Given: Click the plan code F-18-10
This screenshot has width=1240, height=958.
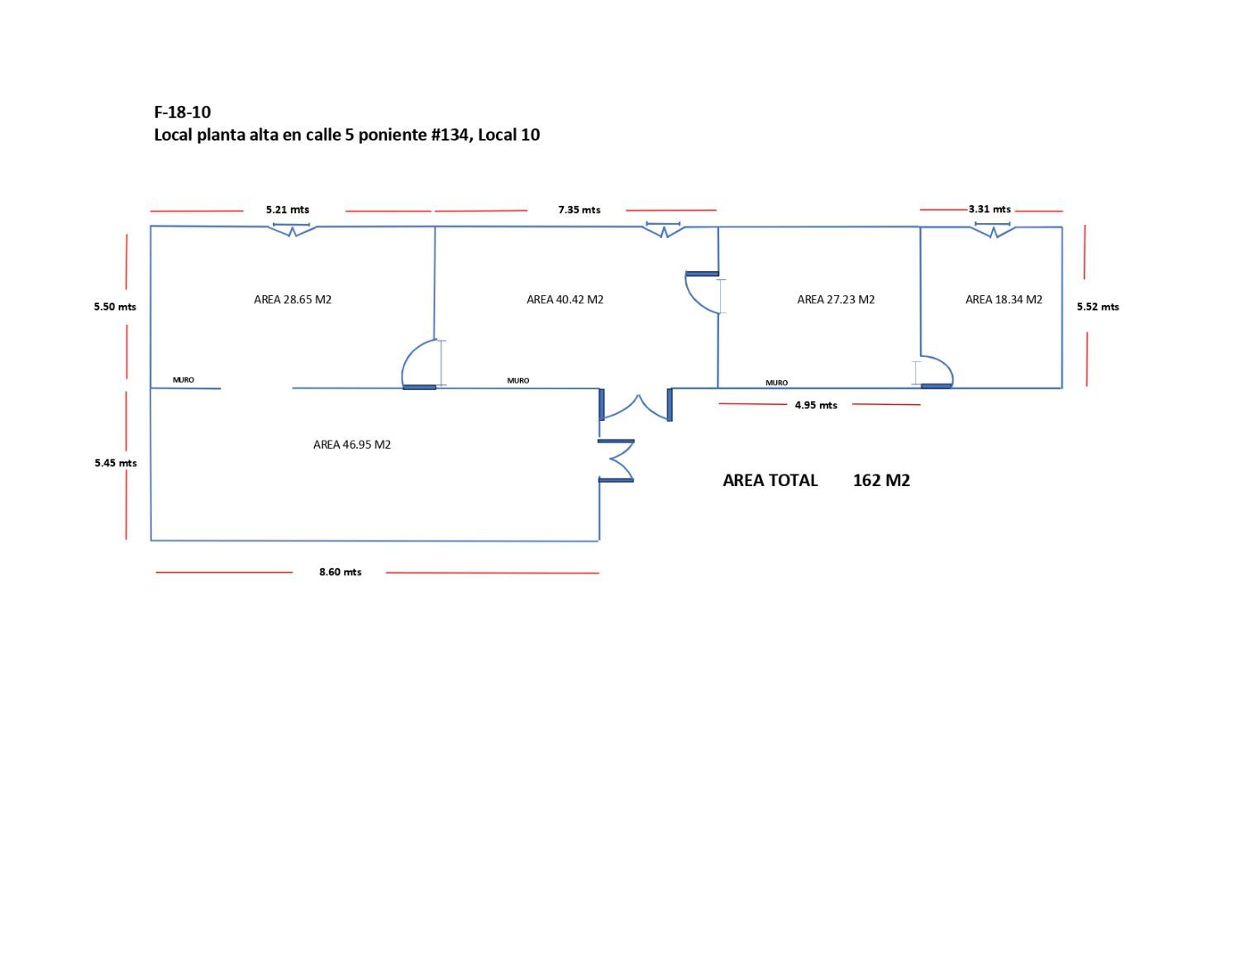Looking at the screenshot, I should point(183,112).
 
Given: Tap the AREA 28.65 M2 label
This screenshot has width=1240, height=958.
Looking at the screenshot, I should point(293,299).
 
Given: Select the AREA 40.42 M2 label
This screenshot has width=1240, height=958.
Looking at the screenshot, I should point(565,299).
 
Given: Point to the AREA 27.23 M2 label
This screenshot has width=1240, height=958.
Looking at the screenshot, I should point(836,299).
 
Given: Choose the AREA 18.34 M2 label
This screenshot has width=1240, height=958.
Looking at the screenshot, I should point(1004,299).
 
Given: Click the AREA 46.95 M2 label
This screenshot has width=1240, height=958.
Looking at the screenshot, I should point(352,445).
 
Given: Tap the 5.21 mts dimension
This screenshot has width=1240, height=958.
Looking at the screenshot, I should point(288,210).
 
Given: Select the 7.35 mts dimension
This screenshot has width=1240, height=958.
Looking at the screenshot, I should point(579,210).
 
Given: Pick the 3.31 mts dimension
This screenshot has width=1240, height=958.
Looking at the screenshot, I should point(990,209).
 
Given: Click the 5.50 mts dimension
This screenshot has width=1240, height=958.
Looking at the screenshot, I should point(115,307).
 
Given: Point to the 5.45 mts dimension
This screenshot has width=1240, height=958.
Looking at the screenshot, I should point(116,463).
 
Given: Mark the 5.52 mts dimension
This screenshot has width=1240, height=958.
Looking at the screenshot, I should point(1098,307).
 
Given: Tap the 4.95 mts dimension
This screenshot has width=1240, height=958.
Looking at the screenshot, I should point(816,405).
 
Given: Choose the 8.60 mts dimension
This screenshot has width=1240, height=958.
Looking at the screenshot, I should point(341,572).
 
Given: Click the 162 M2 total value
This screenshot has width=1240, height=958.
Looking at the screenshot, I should point(881,480).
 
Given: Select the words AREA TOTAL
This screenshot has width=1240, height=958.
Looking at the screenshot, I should point(770,480).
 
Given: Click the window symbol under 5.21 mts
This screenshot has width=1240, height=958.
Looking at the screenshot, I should point(292,229).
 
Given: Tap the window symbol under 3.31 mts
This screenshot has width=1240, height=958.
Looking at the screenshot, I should point(993,229).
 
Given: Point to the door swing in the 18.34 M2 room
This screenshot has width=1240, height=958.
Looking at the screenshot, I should point(937,370).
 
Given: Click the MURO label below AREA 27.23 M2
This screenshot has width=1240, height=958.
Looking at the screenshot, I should point(776,383).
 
